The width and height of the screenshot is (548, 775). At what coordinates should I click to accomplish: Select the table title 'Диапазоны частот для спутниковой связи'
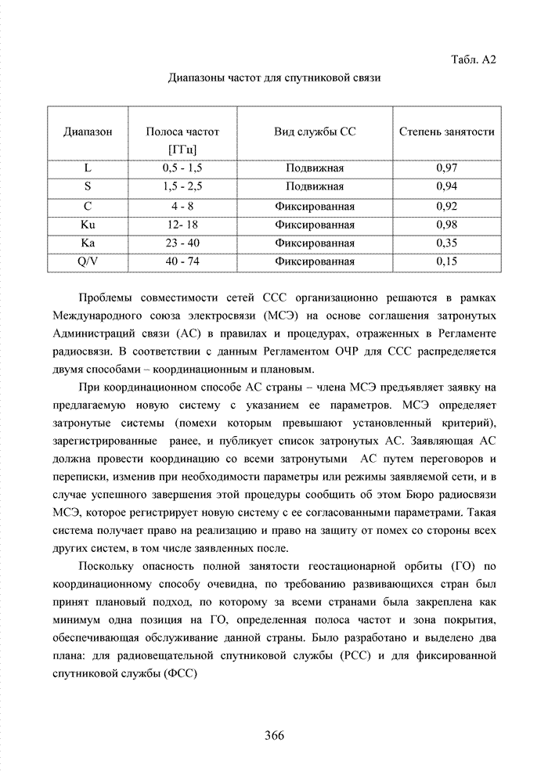(x=275, y=79)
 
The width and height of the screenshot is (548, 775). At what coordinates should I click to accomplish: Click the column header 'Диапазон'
(x=88, y=132)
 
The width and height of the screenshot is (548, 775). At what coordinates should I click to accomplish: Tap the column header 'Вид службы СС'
(x=315, y=132)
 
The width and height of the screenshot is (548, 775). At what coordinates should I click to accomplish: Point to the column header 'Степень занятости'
(x=446, y=132)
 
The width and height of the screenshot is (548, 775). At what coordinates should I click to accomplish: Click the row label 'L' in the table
(x=88, y=168)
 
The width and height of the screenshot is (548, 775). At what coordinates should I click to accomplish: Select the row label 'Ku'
(x=88, y=225)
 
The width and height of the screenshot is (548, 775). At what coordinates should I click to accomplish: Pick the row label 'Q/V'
(x=88, y=262)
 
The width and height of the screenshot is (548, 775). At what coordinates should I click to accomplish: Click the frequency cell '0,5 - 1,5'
(x=182, y=168)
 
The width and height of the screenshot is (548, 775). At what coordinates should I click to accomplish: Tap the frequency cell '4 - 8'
(x=182, y=207)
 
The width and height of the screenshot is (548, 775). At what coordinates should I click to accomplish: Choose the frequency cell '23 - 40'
(x=182, y=243)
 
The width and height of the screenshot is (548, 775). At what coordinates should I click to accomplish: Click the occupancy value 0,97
(x=446, y=168)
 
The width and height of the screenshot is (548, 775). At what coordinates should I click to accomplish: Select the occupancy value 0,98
(x=446, y=225)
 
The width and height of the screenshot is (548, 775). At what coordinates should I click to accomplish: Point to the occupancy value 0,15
(x=446, y=262)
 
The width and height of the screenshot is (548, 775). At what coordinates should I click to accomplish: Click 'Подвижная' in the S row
(x=315, y=187)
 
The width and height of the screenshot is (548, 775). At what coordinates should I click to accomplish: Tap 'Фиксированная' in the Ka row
(x=315, y=243)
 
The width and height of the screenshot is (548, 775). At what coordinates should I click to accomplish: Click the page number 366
(x=274, y=735)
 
